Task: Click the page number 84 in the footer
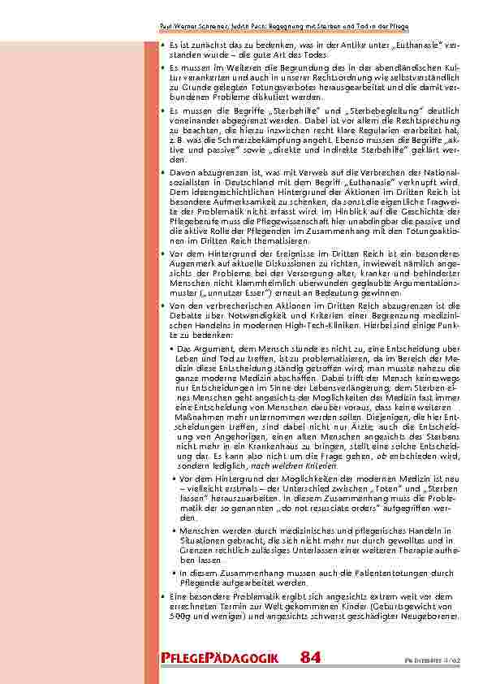pos(311,656)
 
